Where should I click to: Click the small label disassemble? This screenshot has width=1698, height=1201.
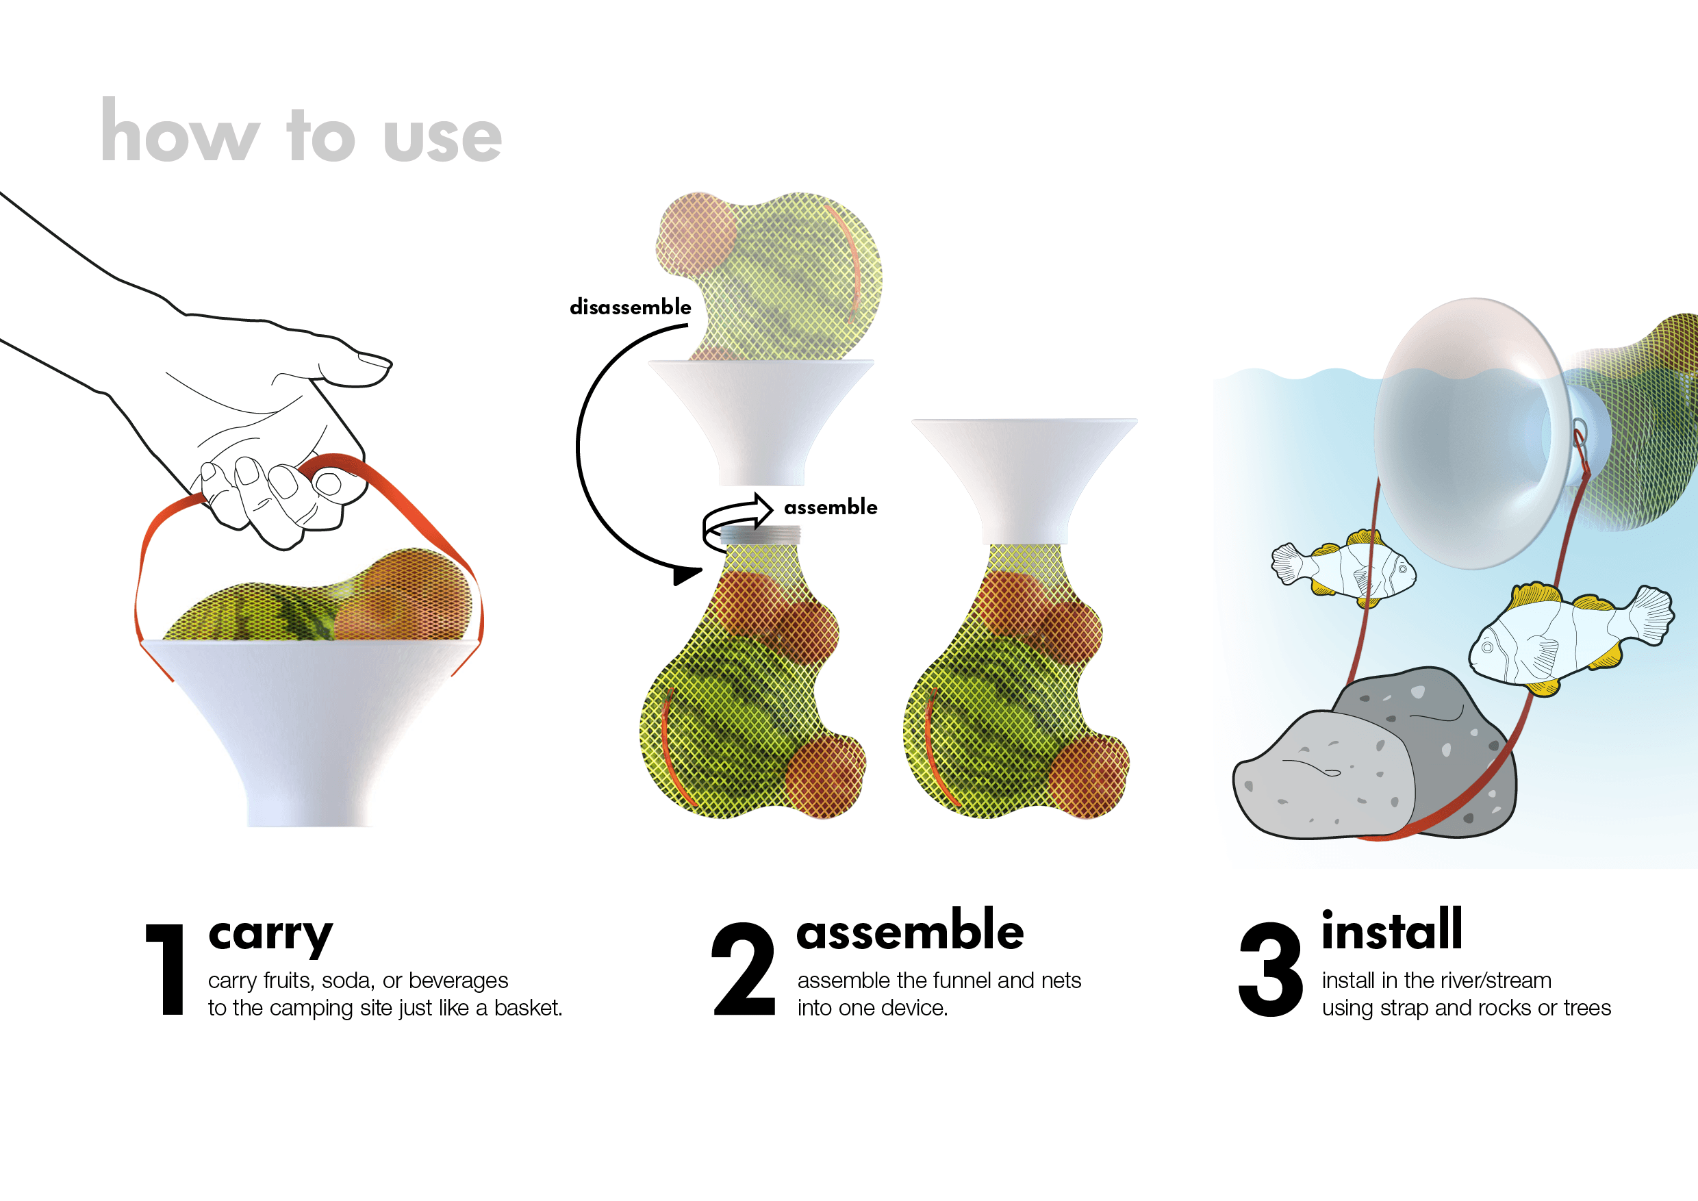point(630,307)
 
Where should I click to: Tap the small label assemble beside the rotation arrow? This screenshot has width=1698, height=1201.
point(831,507)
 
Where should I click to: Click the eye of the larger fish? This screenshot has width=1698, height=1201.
point(1487,648)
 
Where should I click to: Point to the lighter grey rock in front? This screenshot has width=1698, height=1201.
point(1323,776)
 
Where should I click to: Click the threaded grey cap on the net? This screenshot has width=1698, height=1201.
point(760,535)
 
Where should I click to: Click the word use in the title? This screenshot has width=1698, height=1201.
point(442,138)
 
